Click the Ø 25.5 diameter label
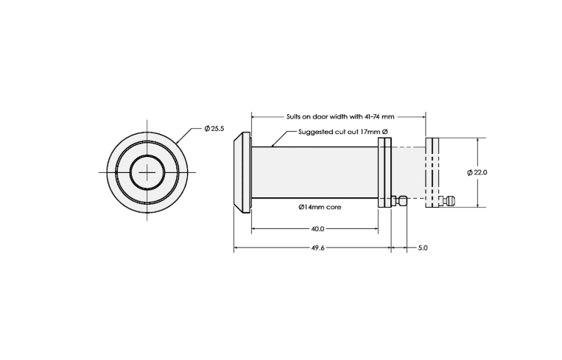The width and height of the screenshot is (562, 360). pyautogui.click(x=214, y=128)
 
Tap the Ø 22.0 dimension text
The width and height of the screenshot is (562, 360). pyautogui.click(x=477, y=172)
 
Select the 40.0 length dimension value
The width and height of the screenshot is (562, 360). pyautogui.click(x=317, y=228)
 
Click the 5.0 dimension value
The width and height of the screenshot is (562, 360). pyautogui.click(x=423, y=247)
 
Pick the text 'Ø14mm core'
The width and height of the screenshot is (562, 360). pyautogui.click(x=320, y=207)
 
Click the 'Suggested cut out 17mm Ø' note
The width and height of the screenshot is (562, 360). pyautogui.click(x=343, y=132)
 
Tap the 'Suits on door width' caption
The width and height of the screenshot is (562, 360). pyautogui.click(x=326, y=116)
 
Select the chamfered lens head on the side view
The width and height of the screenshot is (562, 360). pyautogui.click(x=242, y=172)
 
